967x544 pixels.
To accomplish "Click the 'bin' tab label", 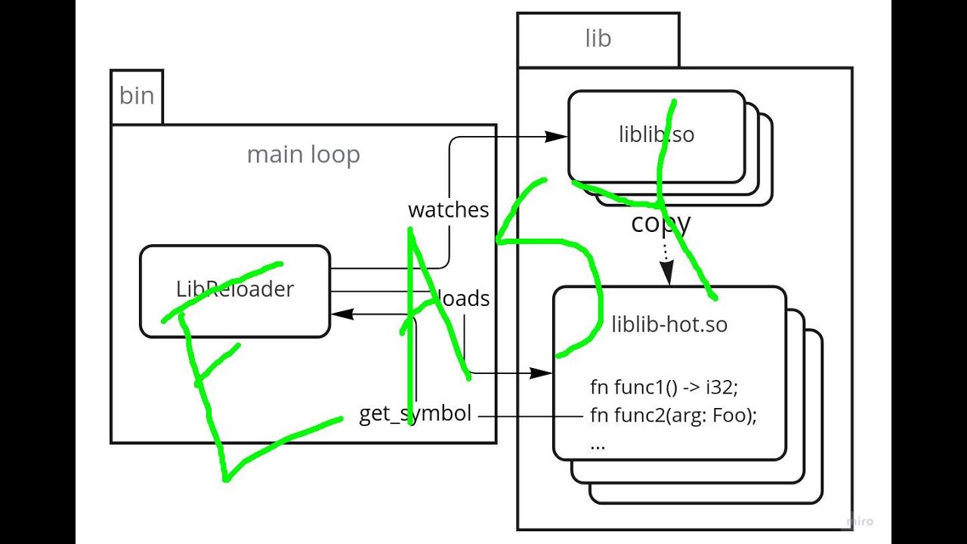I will point(137,96).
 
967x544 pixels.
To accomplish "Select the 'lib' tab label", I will point(598,39).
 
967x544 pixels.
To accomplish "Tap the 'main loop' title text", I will point(303,155).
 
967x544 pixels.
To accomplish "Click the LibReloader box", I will point(235,290).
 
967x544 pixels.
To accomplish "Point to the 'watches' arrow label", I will point(449,210).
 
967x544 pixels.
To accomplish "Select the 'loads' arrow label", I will point(464,298).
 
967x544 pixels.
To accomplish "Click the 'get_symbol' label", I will point(415,414).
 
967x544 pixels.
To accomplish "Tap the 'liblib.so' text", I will point(657,134).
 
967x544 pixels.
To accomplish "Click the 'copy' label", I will point(660,223).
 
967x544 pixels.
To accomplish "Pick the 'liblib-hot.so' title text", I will point(669,325).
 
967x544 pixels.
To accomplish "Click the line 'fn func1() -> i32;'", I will point(663,387).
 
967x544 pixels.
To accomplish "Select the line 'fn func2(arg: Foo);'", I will point(673,415).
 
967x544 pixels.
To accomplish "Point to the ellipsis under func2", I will point(598,444).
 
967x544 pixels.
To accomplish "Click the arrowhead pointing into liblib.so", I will point(557,137).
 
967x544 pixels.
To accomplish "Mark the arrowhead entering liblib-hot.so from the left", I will point(542,373).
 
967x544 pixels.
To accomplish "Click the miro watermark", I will point(859,521).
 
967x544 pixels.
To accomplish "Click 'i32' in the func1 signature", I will point(721,387).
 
